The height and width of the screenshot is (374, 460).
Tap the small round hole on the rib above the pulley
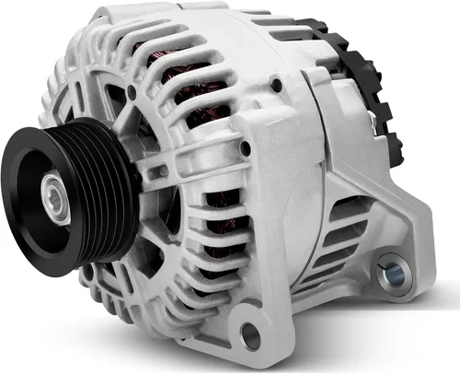tap(133, 92)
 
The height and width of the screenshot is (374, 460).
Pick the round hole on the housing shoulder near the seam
tap(275, 86)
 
